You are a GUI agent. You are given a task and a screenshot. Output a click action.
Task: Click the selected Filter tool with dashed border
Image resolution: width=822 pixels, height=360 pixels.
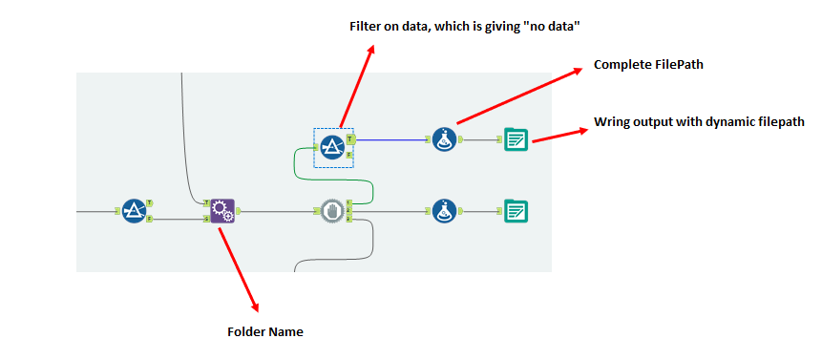coord(331,146)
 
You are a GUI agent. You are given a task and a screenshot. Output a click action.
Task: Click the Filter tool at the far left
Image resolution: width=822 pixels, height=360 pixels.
coord(135,211)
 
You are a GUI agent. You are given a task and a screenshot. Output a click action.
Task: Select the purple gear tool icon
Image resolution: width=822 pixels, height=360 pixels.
coord(222,211)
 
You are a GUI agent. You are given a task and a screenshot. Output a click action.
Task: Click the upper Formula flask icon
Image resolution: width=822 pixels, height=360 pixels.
coord(443,139)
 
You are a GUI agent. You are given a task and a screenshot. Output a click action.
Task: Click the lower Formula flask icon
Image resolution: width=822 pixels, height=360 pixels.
coord(443,211)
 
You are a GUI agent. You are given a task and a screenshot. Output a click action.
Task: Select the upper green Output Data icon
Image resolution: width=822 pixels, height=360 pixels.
coord(516,139)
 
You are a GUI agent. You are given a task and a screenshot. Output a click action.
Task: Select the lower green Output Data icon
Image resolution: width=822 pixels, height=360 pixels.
coord(516,211)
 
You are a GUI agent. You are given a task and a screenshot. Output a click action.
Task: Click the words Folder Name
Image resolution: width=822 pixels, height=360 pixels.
coord(265,332)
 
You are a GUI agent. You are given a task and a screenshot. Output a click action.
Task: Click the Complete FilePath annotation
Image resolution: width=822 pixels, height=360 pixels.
coord(642,65)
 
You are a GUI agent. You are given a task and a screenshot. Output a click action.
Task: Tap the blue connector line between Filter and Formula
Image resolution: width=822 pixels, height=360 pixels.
coord(391,139)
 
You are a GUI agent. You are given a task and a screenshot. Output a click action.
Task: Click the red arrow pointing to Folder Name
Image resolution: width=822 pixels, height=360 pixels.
coord(239,267)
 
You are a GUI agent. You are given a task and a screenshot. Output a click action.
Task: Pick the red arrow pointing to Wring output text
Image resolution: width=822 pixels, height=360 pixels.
coord(559,135)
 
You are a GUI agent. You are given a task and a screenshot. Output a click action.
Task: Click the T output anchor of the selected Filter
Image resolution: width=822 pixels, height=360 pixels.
coord(351,139)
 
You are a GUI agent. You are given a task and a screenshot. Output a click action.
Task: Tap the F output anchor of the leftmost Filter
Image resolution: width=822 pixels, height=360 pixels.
coord(150,219)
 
